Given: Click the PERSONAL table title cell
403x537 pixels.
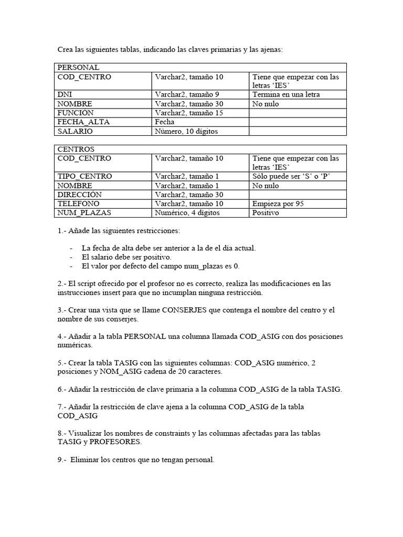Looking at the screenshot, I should coord(78,68).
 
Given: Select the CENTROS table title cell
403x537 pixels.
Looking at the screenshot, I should coord(76,149).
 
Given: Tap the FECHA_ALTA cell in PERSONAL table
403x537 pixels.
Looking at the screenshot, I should coord(83,122).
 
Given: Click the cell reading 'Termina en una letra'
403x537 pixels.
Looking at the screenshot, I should coord(286,95).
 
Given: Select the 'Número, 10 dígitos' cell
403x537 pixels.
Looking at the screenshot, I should coord(186,131).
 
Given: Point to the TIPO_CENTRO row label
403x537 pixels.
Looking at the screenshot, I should coord(84,176).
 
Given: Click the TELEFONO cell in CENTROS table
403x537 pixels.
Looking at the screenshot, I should coord(79,203).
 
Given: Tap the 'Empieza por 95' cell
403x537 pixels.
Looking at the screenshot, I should coord(278,203).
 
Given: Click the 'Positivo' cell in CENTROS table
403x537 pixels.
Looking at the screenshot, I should coord(266,212).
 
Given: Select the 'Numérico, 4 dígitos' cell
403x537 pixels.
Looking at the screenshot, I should coord(187,212).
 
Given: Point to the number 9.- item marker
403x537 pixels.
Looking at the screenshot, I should coord(61,460).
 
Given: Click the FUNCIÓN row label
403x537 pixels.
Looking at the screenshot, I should coord(76,113).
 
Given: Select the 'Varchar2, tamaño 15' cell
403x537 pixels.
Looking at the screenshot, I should coord(189,113).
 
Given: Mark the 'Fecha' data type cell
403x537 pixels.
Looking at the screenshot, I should coord(165,122).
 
